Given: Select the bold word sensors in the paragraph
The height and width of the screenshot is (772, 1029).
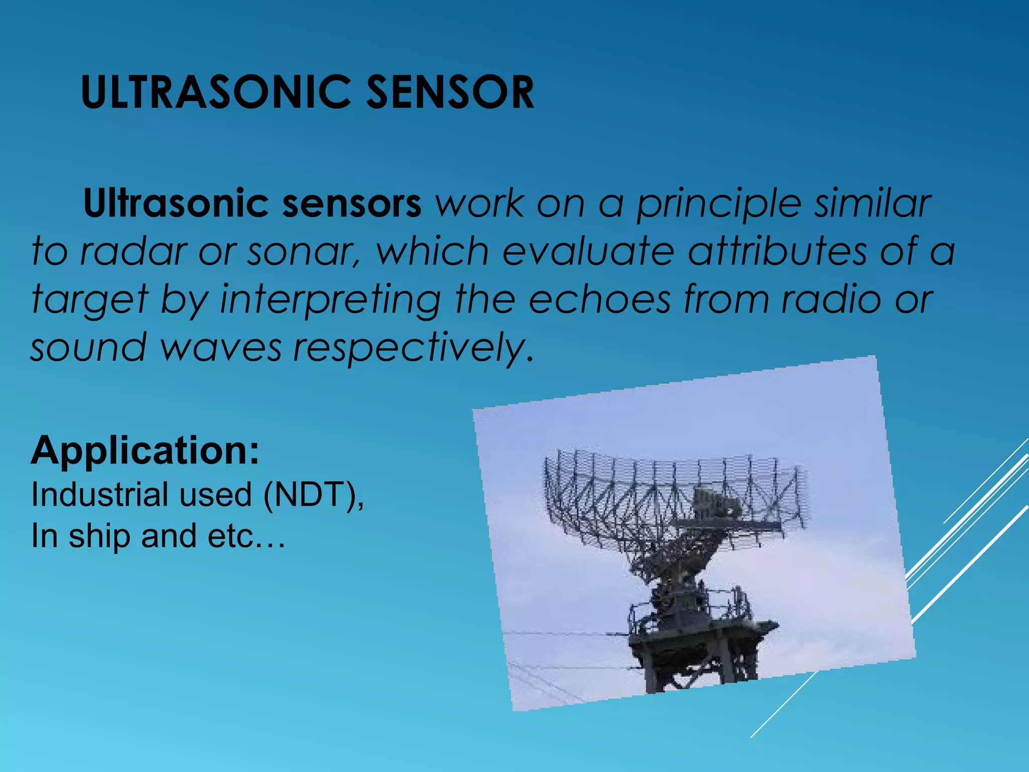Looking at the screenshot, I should [352, 204].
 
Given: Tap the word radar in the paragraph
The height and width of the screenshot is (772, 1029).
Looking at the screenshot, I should [133, 251].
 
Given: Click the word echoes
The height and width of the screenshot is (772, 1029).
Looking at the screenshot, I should [599, 299].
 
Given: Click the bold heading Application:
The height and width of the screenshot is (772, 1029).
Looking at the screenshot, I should [145, 451].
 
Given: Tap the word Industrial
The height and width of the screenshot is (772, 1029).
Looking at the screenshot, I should [99, 495].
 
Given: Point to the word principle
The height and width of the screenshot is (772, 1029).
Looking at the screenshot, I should [719, 205].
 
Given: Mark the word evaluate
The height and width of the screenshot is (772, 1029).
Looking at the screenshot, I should [588, 251].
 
